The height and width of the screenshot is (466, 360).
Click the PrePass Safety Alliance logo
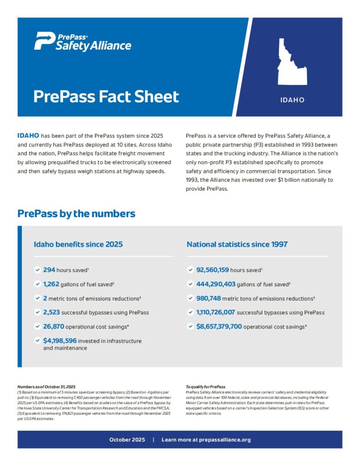(x=82, y=41)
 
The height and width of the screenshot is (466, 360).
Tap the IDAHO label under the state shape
(x=292, y=100)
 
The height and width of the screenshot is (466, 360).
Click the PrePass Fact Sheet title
(x=106, y=96)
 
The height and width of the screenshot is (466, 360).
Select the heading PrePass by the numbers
(x=76, y=213)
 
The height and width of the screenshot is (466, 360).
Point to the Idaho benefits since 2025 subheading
(x=78, y=244)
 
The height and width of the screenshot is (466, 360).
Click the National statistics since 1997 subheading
(x=237, y=244)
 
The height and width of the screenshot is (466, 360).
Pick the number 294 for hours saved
(x=49, y=270)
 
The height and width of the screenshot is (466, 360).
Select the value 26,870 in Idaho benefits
(x=54, y=327)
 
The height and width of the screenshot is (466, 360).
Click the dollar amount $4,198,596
(x=60, y=341)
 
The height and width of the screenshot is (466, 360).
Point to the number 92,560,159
(x=213, y=270)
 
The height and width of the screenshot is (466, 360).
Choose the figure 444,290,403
(x=216, y=284)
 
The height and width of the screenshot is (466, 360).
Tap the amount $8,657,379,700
(x=219, y=327)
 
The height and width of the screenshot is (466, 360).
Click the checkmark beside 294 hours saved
(x=37, y=270)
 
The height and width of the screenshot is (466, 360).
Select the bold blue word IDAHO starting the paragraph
(x=28, y=136)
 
